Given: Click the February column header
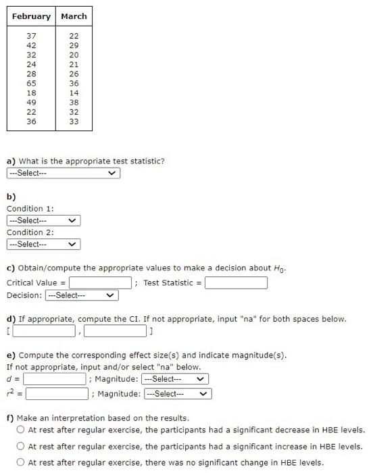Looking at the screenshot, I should [x=31, y=16].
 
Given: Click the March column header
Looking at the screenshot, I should [x=74, y=16].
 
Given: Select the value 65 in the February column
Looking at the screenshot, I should [x=31, y=83].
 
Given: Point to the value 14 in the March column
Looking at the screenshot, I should [x=74, y=93].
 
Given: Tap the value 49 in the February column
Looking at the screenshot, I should [x=31, y=102].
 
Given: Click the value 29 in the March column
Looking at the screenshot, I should [x=74, y=45].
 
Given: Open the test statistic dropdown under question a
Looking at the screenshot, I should [x=63, y=173].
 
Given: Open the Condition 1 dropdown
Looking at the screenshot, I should [x=43, y=220].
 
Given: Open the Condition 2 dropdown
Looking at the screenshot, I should [x=43, y=244].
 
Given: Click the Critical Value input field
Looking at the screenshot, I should [x=99, y=282].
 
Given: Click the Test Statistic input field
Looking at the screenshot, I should [x=236, y=282].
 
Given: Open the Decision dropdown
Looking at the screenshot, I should [x=82, y=295].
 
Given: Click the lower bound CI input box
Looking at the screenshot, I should [x=43, y=331].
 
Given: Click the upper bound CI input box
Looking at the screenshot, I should [x=115, y=331].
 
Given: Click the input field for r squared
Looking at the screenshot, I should [x=57, y=393].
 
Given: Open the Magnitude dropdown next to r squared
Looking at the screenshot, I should [x=178, y=393].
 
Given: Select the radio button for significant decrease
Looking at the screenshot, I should [x=22, y=430].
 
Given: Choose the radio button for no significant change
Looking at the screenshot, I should [x=22, y=463].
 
